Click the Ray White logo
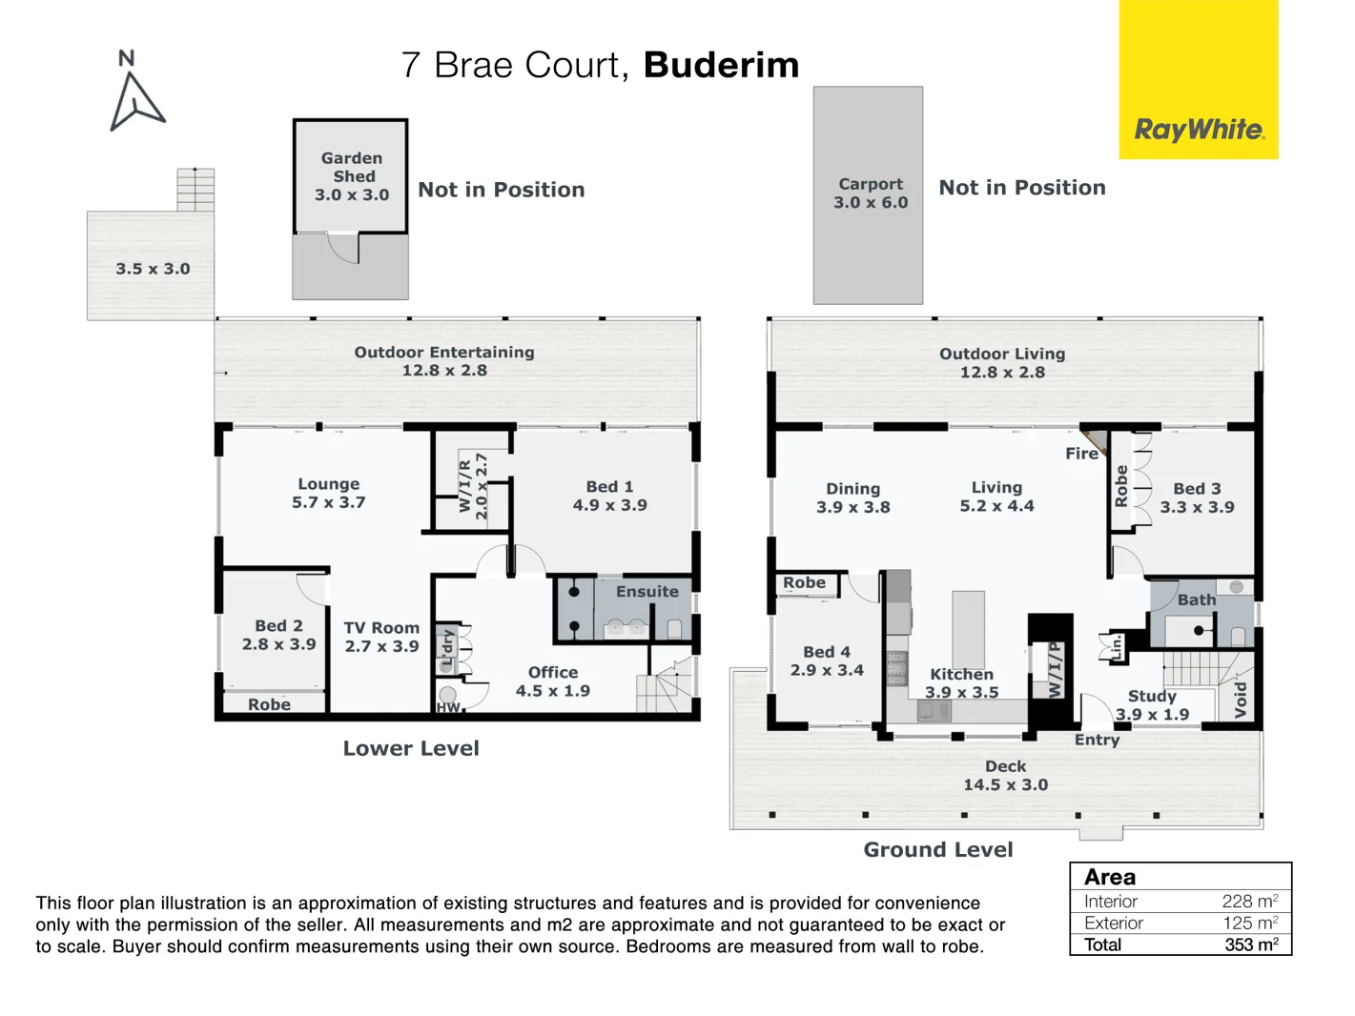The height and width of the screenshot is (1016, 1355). (1199, 130)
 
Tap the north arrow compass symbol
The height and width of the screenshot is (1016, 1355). (135, 95)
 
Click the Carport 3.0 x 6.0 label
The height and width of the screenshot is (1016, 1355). (870, 193)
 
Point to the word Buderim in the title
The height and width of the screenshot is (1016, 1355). (721, 65)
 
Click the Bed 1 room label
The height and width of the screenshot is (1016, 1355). (609, 496)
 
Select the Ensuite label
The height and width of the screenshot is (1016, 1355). (647, 591)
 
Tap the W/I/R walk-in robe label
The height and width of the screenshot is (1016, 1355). (473, 486)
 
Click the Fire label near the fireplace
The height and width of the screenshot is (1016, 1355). (1081, 454)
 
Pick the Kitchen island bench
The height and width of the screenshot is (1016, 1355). (968, 629)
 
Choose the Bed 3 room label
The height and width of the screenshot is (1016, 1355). (1197, 498)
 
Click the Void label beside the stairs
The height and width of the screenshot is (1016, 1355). (1240, 699)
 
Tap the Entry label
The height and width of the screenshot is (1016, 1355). (1097, 740)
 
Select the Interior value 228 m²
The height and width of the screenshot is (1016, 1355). (1249, 902)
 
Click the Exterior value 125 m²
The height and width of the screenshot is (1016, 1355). (1249, 923)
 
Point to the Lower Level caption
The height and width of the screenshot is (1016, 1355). (411, 748)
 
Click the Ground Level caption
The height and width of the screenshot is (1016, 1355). (938, 849)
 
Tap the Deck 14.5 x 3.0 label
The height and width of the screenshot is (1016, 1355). (1005, 776)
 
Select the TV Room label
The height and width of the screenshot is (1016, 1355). (381, 637)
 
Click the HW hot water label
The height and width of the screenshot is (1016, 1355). (448, 707)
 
